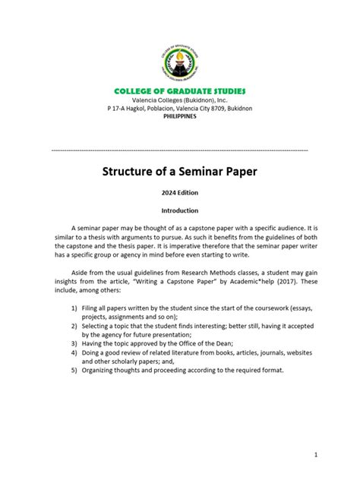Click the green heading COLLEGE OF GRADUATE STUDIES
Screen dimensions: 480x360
click(180, 91)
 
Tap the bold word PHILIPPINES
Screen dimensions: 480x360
click(180, 116)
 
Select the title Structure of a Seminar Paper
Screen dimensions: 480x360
click(180, 171)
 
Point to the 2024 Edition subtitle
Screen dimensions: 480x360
click(180, 194)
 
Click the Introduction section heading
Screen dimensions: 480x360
click(180, 210)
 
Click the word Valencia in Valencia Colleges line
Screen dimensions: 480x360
click(147, 100)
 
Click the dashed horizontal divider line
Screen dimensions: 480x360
click(180, 150)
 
